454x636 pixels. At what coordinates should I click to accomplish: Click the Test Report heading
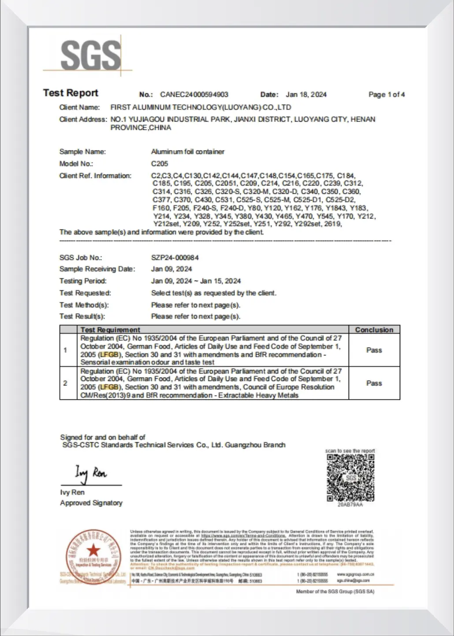click(x=71, y=93)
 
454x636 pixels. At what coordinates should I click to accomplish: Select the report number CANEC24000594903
click(x=194, y=94)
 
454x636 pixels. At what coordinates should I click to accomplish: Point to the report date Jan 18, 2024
click(x=306, y=94)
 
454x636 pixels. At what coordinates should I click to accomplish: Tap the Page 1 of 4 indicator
click(x=386, y=94)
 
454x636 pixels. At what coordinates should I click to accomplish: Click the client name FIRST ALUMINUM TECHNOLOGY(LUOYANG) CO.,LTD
click(x=201, y=107)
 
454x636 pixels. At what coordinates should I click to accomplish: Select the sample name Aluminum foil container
click(x=187, y=152)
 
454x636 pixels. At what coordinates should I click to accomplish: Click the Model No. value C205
click(x=159, y=163)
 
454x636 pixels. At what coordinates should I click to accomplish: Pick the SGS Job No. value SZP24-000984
click(x=175, y=258)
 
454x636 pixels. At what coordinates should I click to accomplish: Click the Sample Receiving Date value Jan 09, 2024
click(x=171, y=269)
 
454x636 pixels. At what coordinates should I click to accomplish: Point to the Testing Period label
click(x=83, y=281)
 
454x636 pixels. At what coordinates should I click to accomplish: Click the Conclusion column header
click(x=374, y=329)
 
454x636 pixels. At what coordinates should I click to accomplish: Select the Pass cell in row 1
click(x=374, y=350)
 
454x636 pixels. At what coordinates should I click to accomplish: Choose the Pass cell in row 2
click(x=374, y=383)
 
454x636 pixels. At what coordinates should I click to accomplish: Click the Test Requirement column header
click(x=110, y=329)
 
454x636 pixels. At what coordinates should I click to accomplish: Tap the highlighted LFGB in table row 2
click(x=109, y=387)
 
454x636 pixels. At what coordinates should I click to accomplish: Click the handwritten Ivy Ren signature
click(x=90, y=473)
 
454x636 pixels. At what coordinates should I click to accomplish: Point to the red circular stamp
click(x=93, y=557)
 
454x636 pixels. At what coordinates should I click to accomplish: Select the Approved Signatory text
click(x=91, y=503)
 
